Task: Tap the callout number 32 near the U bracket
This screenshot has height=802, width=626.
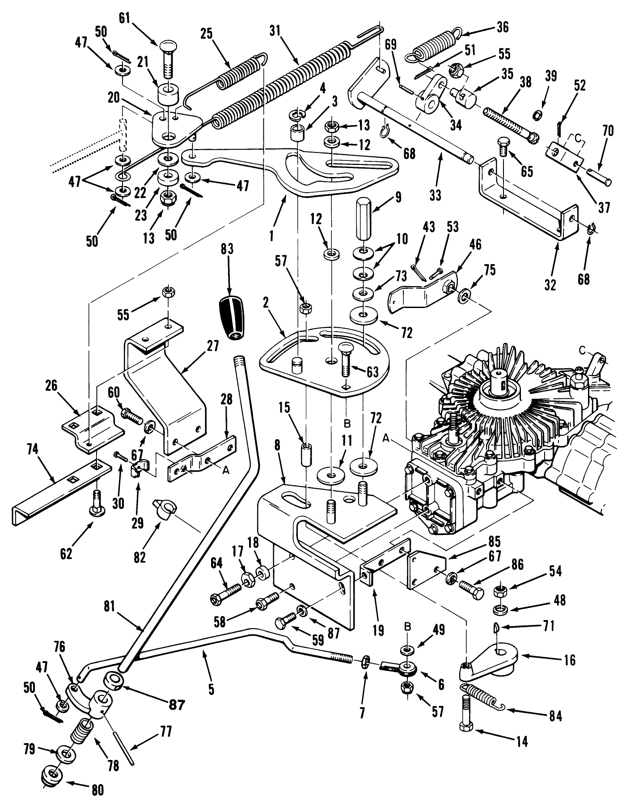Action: click(x=550, y=285)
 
